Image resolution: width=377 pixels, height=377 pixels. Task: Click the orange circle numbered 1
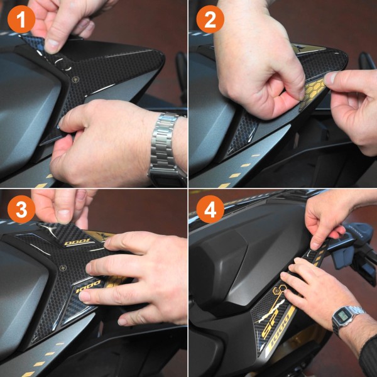point(21,21)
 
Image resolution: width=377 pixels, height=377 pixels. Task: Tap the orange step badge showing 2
point(210,21)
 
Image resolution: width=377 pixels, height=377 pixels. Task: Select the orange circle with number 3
point(21,210)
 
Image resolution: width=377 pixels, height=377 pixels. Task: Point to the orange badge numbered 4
point(210,210)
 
